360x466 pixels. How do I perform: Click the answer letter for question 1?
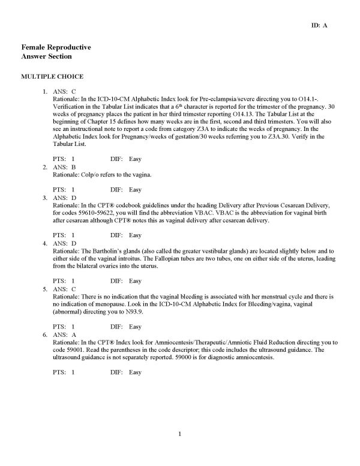[x=73, y=91]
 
